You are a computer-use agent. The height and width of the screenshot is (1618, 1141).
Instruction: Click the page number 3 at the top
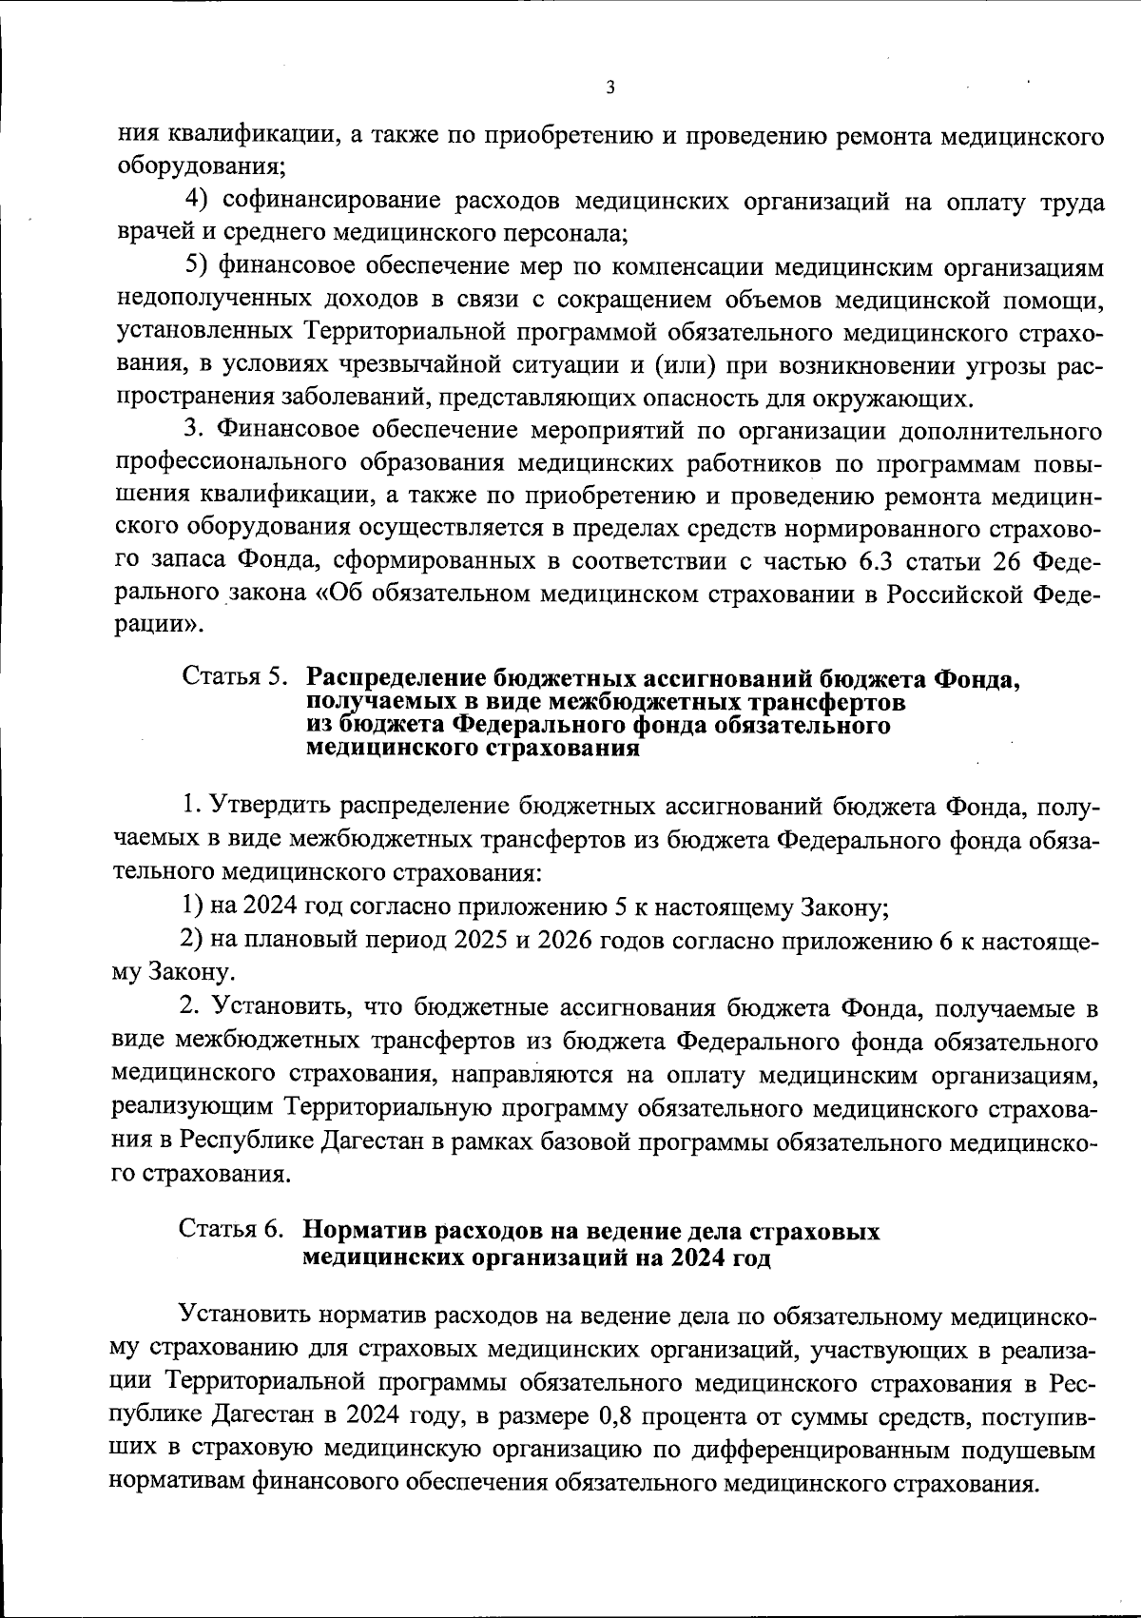(610, 88)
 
